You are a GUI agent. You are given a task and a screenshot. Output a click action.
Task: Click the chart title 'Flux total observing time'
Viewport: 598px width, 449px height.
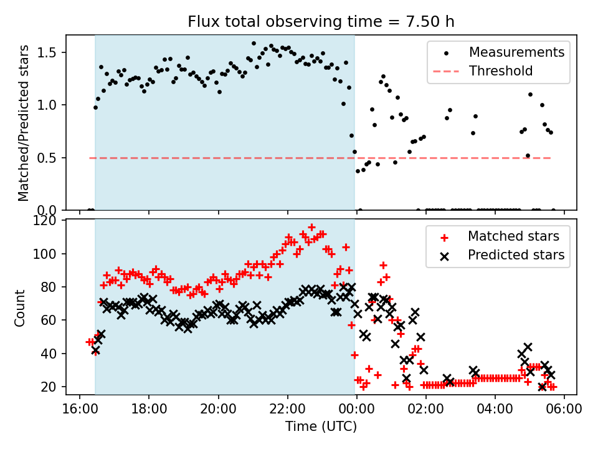321,22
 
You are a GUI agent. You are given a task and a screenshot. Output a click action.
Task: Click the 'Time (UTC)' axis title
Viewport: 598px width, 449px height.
321,427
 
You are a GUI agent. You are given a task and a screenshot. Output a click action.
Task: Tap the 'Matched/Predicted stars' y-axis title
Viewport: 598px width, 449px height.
24,123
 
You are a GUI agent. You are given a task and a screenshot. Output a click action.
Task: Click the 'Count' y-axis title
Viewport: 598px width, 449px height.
21,307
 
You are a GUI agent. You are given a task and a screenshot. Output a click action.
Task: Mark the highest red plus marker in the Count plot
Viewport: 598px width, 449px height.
311,228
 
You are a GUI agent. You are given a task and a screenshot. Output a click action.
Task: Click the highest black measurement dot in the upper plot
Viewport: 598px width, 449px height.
254,44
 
